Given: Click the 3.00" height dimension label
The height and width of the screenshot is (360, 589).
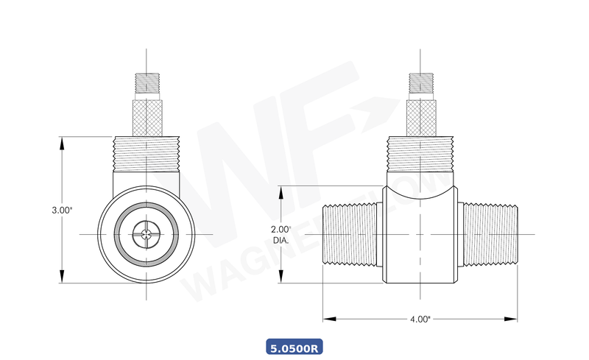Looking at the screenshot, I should click(x=62, y=210).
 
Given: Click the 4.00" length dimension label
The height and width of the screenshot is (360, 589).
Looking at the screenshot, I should click(x=420, y=319).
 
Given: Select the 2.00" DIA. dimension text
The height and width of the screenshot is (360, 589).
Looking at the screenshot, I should click(x=281, y=234).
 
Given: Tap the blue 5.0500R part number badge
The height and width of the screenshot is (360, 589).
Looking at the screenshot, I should click(x=294, y=346).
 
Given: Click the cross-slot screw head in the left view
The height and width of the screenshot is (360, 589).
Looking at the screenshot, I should click(x=148, y=235).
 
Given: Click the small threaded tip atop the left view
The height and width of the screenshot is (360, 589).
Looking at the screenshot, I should click(x=148, y=82).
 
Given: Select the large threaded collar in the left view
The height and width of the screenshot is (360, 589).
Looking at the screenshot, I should click(x=148, y=155).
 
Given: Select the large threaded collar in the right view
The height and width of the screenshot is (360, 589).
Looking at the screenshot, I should click(x=420, y=155).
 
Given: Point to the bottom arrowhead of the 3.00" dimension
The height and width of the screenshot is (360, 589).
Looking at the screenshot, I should click(x=62, y=279).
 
